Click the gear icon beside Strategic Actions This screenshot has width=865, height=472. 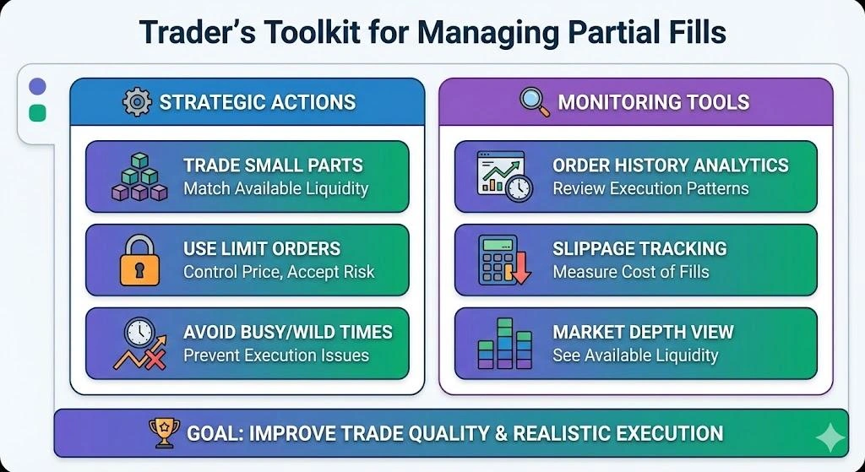point(137,102)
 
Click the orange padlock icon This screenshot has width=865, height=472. point(139,261)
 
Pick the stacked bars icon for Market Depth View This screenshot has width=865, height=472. point(503,344)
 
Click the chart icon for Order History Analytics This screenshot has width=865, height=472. point(503,176)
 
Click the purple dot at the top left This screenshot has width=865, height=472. point(37,87)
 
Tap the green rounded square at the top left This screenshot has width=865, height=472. point(37,113)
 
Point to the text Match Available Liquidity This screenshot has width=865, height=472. point(275,188)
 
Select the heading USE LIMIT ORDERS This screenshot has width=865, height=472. point(262,249)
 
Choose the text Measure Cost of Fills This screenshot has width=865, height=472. point(631,272)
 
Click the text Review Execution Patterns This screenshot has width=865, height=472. point(650,188)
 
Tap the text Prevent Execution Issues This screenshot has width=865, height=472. point(276,355)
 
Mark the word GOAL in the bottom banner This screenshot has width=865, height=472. point(215,434)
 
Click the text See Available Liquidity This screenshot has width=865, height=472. point(635,355)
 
